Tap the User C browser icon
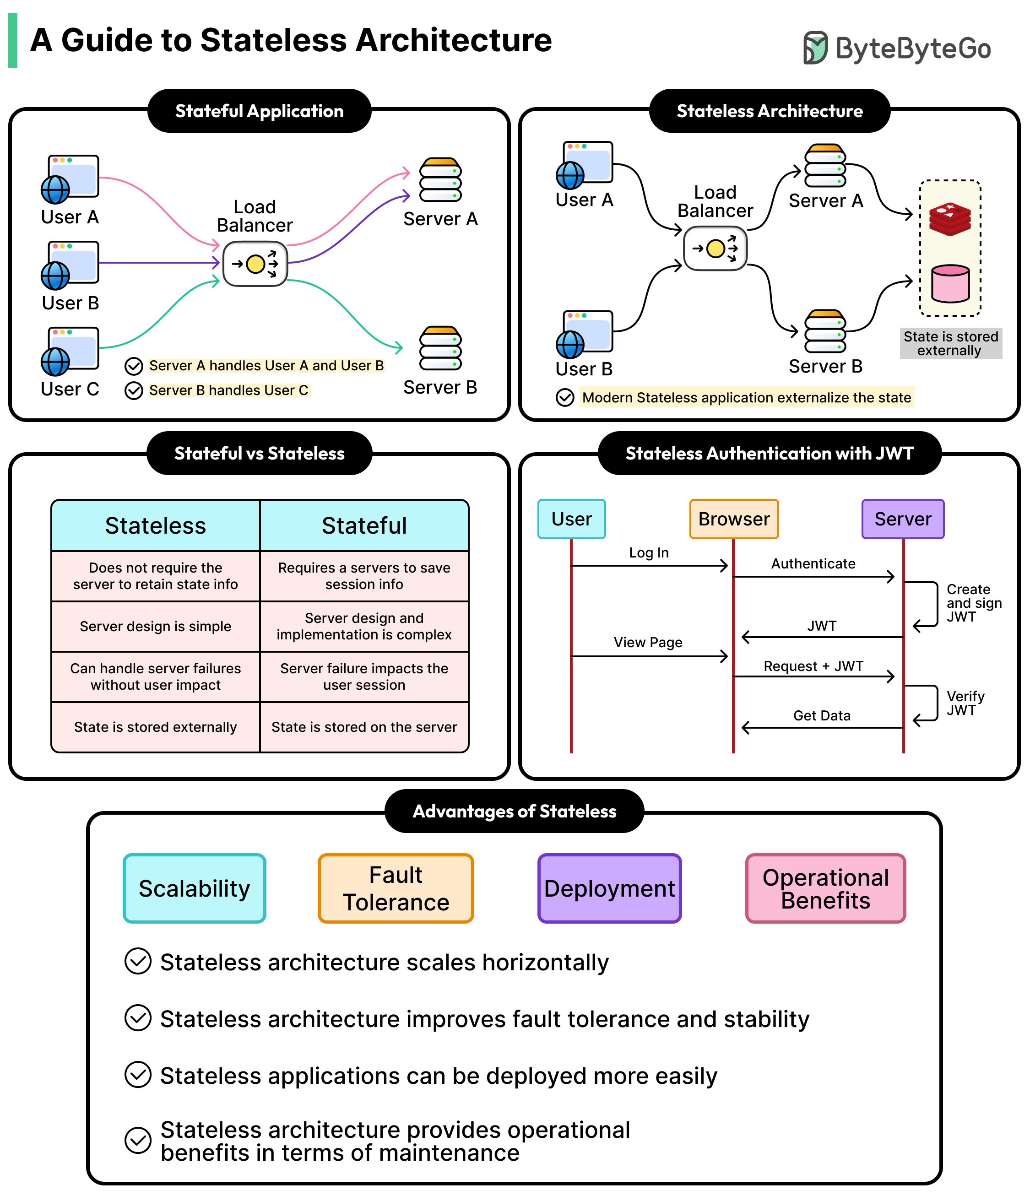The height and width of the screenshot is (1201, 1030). pos(70,351)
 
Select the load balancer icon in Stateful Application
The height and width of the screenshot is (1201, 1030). pos(255,264)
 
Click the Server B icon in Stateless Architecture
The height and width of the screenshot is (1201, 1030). pos(825,331)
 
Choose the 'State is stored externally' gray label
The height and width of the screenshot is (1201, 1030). pos(951,343)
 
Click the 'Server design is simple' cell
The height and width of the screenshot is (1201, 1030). pos(155,626)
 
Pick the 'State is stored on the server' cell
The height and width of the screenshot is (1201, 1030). pos(364,727)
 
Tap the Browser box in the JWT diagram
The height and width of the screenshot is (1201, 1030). pos(733,519)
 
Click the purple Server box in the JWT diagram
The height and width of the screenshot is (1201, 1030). pos(902,519)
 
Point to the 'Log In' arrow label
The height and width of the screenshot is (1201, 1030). pos(649,553)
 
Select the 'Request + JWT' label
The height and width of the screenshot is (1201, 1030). pos(813,666)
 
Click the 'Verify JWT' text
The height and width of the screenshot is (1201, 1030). pos(965,703)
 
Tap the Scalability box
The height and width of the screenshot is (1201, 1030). pos(194,888)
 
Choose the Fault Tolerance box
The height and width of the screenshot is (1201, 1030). pos(396,888)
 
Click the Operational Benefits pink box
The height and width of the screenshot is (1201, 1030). pos(825,888)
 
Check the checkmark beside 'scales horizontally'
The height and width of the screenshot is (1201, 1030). pos(138,961)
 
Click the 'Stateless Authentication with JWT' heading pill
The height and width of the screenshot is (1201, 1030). pos(769,453)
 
